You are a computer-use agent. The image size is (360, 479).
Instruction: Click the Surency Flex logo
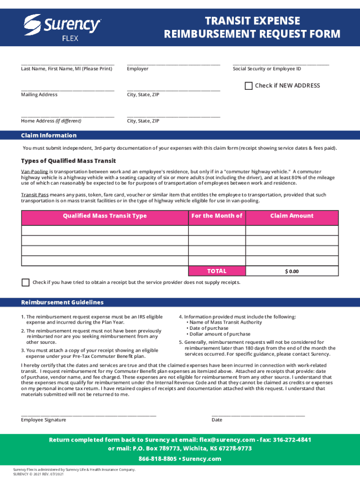(62, 27)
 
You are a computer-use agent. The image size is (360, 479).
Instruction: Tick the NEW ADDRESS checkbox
(249, 86)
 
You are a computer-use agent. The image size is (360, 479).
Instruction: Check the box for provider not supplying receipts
(25, 283)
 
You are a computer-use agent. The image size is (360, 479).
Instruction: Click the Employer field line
(173, 62)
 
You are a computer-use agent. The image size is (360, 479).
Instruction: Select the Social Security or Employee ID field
(281, 62)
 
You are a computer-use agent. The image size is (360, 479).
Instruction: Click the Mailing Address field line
(67, 88)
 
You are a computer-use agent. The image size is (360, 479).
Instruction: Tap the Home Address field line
(67, 115)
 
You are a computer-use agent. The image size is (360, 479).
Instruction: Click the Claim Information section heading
(49, 136)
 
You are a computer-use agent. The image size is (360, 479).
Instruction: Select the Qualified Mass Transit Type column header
(105, 216)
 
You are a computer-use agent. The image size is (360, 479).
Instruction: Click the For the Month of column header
(217, 216)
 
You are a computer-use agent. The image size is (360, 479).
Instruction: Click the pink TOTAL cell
(217, 271)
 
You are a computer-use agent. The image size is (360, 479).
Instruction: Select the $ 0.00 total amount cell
(292, 271)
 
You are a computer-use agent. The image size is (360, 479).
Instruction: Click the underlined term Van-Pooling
(34, 172)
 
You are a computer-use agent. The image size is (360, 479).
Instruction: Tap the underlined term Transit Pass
(35, 195)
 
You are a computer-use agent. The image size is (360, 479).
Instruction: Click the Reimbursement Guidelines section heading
(62, 303)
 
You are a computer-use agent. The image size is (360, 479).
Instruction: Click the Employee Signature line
(88, 414)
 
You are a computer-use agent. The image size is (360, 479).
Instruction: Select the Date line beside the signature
(258, 414)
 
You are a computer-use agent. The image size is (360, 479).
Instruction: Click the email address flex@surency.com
(227, 440)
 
